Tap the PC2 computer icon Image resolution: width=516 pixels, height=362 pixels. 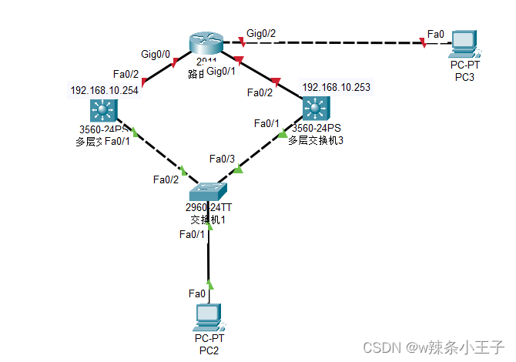209,317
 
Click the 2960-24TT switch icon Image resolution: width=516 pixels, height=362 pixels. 209,189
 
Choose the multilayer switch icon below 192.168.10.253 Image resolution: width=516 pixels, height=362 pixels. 313,109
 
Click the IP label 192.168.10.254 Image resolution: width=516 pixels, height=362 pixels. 105,90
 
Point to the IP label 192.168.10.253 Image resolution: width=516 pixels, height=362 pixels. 336,87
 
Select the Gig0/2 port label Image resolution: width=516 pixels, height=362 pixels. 262,34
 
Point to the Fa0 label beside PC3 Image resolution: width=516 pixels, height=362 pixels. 436,34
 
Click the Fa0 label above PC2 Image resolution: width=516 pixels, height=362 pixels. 197,293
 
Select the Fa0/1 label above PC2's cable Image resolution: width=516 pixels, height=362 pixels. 193,234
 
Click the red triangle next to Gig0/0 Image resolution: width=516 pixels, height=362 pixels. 176,62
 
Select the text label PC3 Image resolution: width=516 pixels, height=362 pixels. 464,77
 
